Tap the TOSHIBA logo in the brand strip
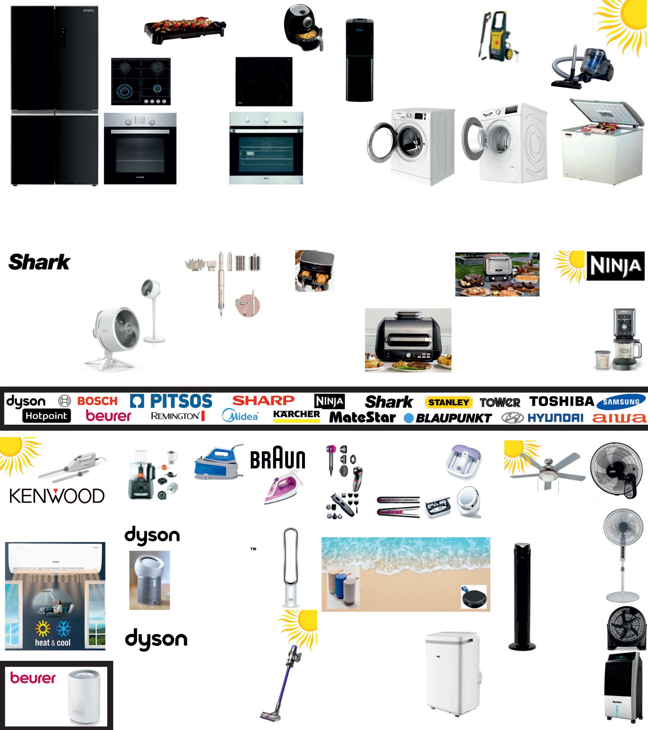pyautogui.click(x=562, y=402)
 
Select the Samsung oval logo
pyautogui.click(x=622, y=402)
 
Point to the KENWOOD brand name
pyautogui.click(x=57, y=496)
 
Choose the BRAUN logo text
pyautogui.click(x=278, y=460)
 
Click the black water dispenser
pyautogui.click(x=359, y=61)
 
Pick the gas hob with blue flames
pyautogui.click(x=141, y=81)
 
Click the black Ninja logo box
pyautogui.click(x=615, y=266)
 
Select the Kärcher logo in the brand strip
pyautogui.click(x=296, y=416)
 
